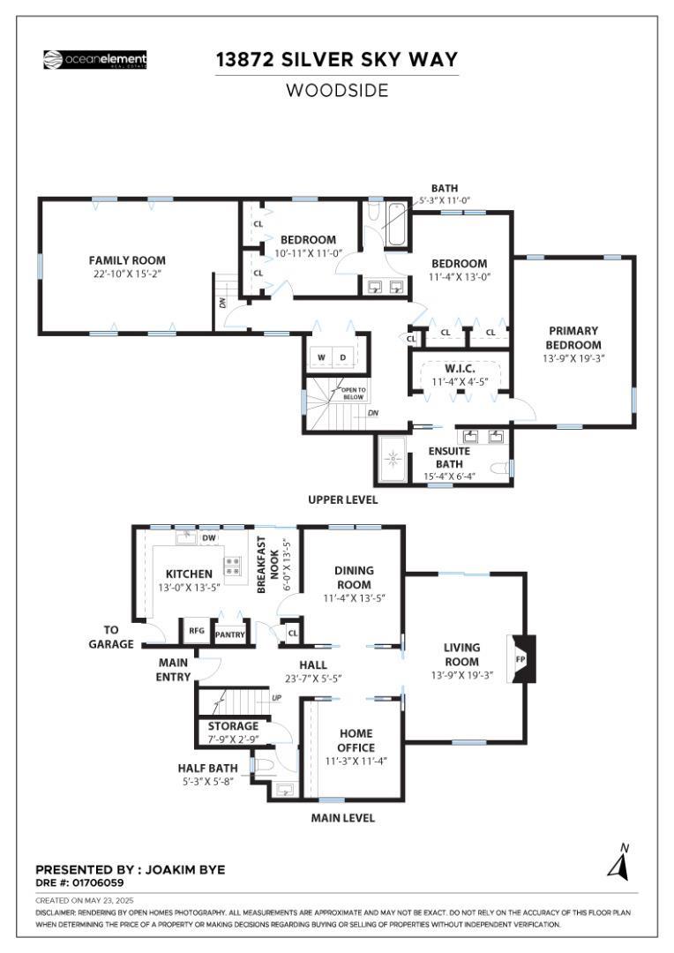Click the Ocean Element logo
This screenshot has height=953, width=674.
coord(95,60)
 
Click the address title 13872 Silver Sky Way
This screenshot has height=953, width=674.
coord(338,60)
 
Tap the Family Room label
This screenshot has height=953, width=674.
coord(127,260)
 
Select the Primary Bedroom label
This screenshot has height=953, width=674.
coord(573,338)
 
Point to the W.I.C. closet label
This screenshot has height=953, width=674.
coord(460,368)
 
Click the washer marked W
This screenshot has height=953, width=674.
coord(320,357)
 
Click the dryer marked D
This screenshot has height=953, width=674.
coord(344,357)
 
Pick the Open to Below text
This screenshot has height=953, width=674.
coord(354,393)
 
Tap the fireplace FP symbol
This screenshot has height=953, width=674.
coord(520,659)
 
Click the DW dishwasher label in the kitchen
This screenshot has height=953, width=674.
coord(209,537)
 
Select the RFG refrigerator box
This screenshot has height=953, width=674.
coord(196,632)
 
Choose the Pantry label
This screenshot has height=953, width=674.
coord(229,634)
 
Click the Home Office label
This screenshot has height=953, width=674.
coord(355,740)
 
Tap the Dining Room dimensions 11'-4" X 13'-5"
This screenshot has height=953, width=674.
coord(354,598)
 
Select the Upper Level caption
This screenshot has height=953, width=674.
coord(342,499)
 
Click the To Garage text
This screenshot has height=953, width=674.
coord(111,637)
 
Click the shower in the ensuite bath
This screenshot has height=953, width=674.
coord(393,460)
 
